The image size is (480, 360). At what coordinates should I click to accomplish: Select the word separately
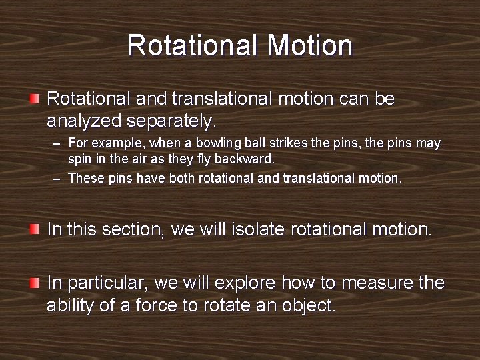tap(177, 121)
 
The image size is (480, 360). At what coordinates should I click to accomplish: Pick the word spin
tap(79, 159)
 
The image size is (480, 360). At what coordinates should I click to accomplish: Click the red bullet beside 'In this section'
tap(35, 229)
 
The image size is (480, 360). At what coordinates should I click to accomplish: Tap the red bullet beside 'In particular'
tap(35, 283)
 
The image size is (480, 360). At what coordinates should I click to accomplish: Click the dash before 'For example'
tap(58, 144)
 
